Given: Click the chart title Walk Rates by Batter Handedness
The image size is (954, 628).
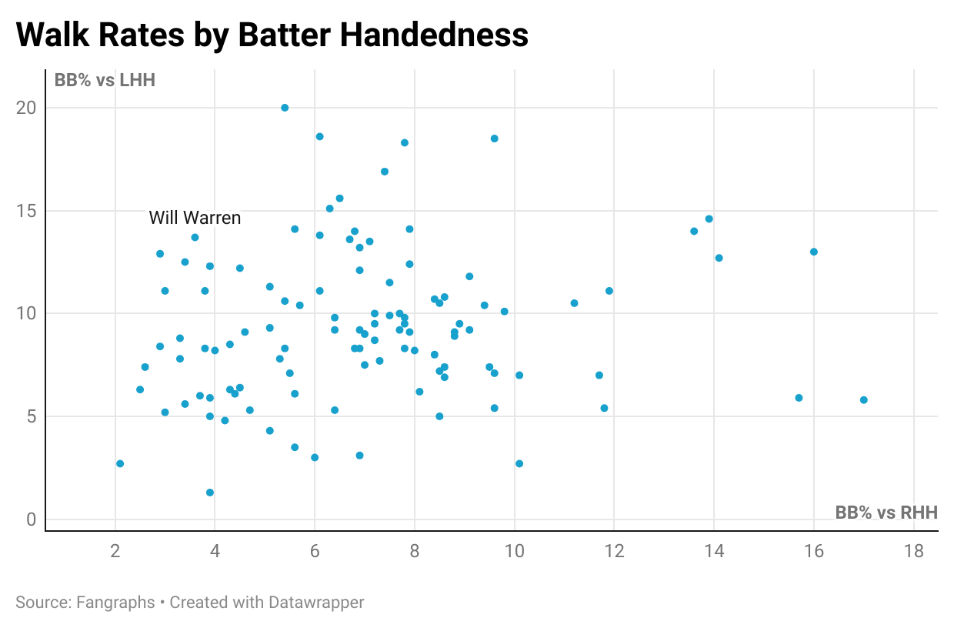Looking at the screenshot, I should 272,35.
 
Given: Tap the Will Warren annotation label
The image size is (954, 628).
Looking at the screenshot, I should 195,218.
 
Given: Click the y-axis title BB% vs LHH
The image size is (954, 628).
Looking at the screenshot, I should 105,80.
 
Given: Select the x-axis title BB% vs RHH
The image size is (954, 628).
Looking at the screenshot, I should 886,513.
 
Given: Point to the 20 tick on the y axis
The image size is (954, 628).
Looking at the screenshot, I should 27,108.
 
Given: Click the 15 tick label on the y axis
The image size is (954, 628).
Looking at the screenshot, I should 27,211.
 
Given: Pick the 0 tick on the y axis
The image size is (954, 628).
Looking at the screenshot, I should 32,519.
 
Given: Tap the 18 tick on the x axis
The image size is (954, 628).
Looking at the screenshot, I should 913,552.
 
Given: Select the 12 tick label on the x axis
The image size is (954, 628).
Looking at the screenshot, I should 614,552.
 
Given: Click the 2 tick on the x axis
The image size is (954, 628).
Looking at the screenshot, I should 115,552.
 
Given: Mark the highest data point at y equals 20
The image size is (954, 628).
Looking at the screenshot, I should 285,108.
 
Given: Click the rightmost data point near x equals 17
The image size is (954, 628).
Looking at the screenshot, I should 863,400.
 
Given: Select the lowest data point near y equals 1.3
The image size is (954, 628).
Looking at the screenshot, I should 210,493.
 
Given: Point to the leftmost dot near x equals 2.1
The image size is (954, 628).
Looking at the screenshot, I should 120,463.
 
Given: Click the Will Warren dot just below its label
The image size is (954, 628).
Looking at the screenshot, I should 195,237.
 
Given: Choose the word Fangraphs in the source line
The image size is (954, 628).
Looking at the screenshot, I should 115,602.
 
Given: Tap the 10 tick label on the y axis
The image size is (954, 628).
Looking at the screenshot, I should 27,313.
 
